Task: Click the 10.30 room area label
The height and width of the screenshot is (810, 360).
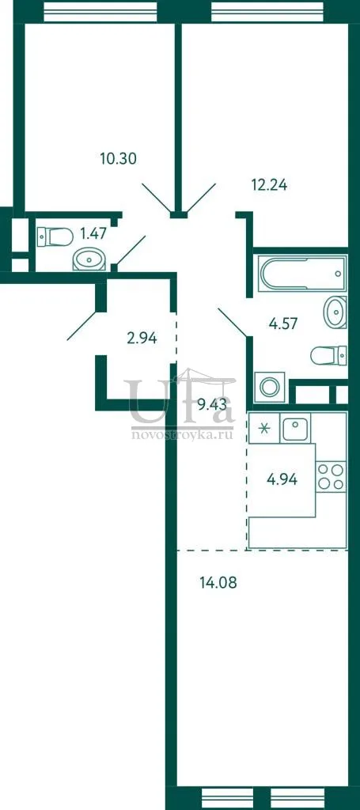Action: [118, 158]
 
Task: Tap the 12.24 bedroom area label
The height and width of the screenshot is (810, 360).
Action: [269, 184]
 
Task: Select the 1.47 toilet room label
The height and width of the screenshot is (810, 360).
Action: [93, 234]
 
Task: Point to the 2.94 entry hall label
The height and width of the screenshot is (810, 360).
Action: [142, 339]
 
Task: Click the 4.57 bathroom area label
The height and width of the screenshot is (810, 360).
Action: [283, 324]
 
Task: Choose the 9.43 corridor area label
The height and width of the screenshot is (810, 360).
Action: [212, 404]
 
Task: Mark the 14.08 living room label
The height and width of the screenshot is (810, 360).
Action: [218, 584]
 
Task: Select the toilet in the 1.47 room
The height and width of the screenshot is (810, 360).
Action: [55, 237]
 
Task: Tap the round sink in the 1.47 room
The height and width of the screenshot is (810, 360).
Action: [89, 259]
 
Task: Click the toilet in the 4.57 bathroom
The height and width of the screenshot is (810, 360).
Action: [328, 355]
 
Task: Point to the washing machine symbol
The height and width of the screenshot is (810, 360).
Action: [270, 386]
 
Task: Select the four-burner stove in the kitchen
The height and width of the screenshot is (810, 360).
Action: [331, 476]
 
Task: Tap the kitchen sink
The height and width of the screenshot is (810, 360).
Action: [295, 428]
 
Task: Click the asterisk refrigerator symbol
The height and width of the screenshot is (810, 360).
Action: [264, 428]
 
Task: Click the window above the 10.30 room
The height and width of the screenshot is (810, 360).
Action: [100, 11]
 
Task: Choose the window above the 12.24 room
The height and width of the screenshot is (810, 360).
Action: [267, 11]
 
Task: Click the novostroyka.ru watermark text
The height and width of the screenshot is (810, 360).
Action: [182, 435]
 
